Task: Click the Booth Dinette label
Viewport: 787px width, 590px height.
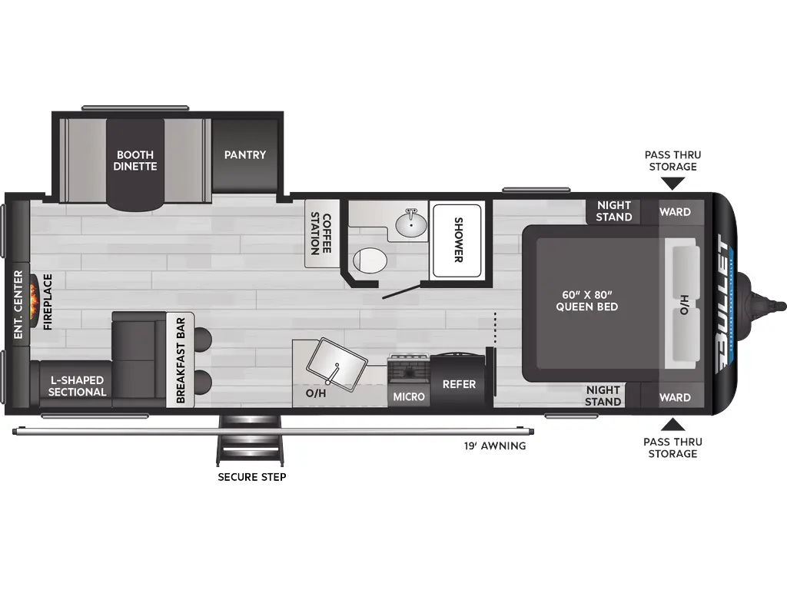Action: tap(135, 160)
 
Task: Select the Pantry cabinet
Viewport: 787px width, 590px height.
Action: tap(245, 155)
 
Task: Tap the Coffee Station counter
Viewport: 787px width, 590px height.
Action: tap(321, 234)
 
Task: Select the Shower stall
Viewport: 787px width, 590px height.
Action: tap(457, 239)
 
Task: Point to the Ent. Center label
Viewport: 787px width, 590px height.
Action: tap(18, 305)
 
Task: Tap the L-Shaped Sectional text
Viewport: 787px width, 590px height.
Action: tap(78, 386)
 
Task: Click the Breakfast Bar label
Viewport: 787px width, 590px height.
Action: tap(181, 360)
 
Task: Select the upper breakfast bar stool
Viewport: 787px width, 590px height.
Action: tap(203, 338)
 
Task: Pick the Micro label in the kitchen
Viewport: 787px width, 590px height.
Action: tap(409, 396)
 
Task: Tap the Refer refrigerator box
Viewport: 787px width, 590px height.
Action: tap(459, 384)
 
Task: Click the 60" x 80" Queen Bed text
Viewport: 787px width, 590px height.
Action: tap(587, 300)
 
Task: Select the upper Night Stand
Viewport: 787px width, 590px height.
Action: tap(614, 211)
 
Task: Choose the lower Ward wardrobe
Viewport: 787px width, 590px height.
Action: tap(675, 397)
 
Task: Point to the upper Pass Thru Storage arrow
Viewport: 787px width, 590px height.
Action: tap(673, 183)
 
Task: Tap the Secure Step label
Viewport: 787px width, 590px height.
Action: tap(252, 477)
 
